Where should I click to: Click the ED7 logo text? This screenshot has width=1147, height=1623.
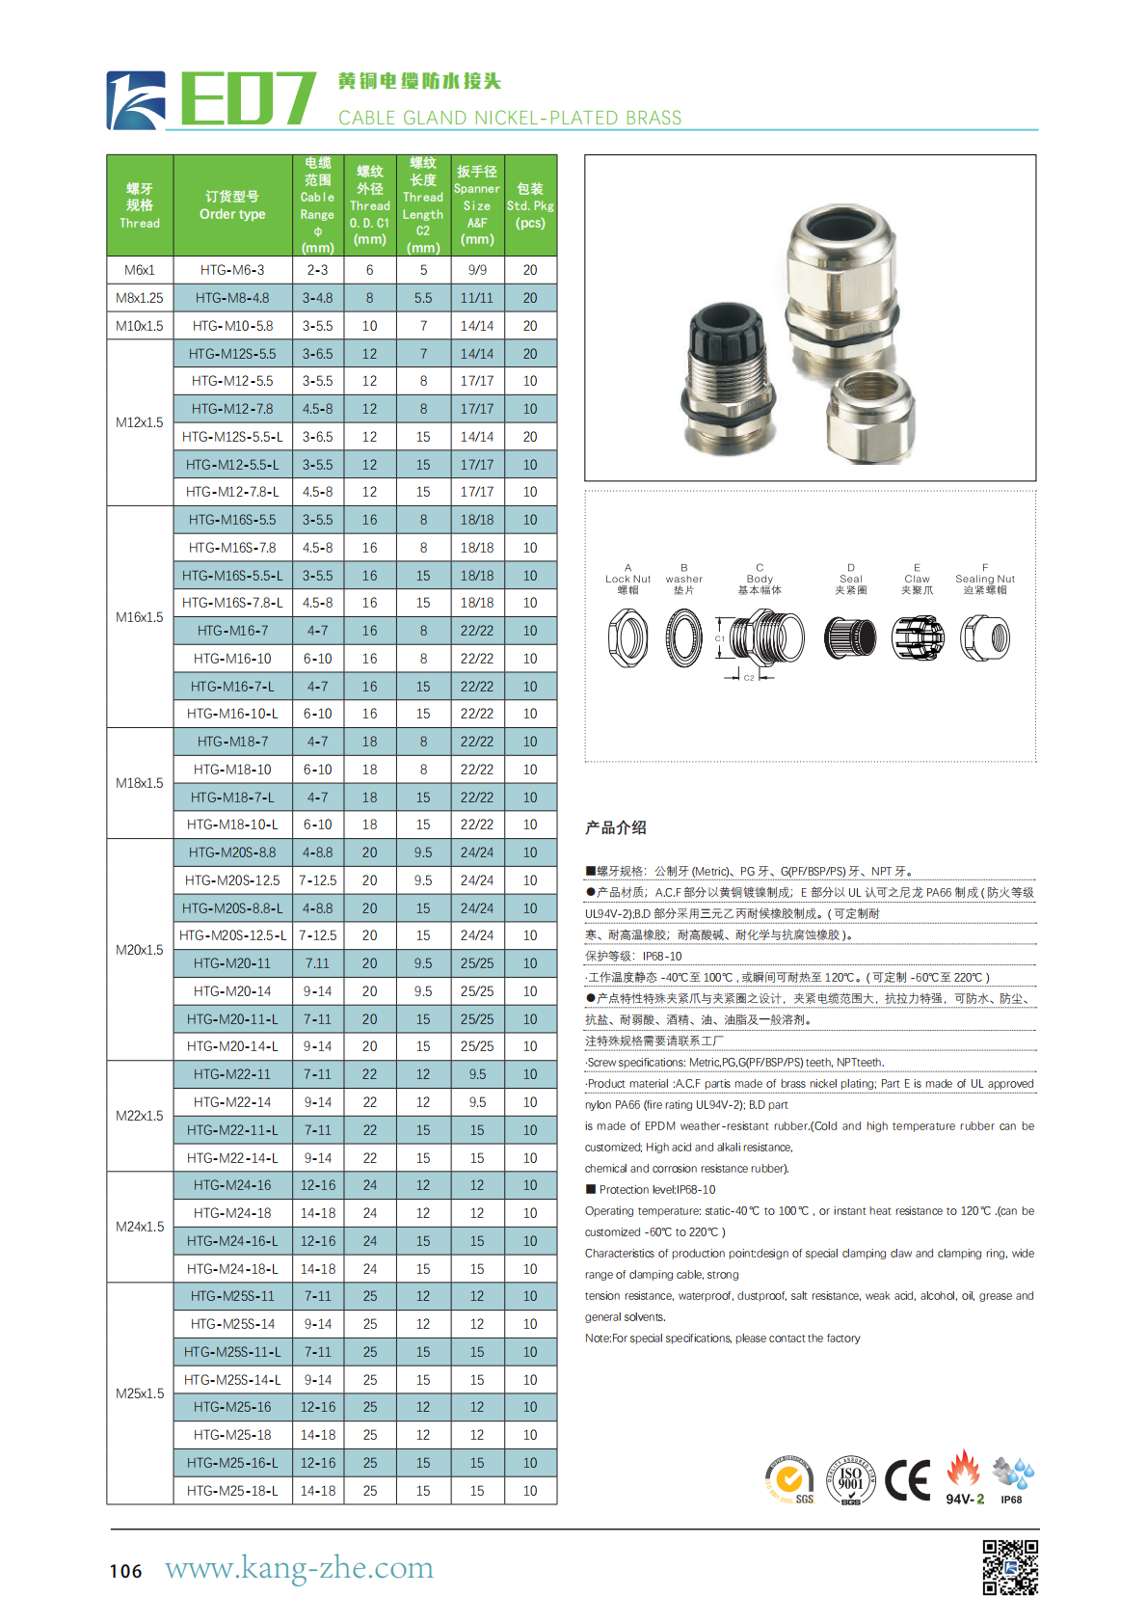tap(247, 98)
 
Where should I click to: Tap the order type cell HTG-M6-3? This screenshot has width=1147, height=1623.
tap(232, 270)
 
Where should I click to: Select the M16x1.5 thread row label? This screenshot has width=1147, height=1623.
tap(140, 617)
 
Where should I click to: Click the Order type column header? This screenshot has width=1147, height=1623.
tap(232, 205)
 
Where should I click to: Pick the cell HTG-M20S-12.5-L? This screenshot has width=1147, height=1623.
tap(232, 935)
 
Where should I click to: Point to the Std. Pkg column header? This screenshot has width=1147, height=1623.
tap(530, 205)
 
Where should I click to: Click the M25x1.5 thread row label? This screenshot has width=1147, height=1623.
tap(140, 1393)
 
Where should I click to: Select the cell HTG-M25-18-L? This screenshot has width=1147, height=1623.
tap(232, 1491)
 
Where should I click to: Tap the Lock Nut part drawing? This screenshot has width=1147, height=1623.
tap(628, 638)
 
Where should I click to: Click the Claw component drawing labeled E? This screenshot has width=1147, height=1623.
tap(918, 638)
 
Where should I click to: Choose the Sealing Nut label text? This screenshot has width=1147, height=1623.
tap(985, 580)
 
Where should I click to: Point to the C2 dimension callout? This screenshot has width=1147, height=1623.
tap(749, 678)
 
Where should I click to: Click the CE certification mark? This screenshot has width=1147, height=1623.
tap(908, 1480)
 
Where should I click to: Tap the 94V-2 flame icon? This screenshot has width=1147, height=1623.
tap(963, 1471)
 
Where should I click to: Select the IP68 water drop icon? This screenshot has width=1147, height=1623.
tap(1013, 1474)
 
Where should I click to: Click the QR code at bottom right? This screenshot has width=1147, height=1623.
tap(1010, 1567)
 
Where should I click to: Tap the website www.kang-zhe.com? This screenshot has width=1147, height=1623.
tap(299, 1567)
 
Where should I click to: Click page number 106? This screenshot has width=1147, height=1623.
tap(125, 1571)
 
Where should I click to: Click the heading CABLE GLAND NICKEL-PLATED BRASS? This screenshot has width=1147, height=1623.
tap(509, 118)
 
